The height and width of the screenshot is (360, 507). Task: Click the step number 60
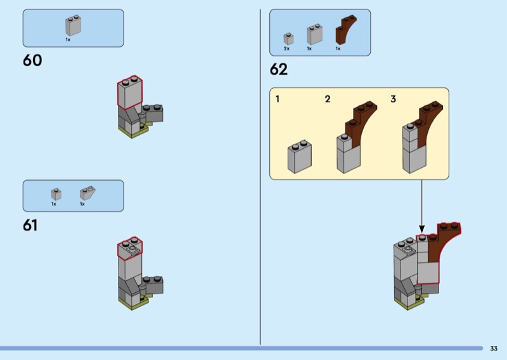(32, 61)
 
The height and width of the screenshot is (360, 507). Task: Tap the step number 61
(30, 225)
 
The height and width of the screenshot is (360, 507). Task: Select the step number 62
(279, 70)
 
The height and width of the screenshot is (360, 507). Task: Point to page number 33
(494, 348)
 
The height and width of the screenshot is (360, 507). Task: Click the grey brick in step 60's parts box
(73, 26)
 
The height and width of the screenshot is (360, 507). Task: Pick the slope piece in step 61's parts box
(87, 193)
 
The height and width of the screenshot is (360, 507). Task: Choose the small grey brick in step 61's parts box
(56, 194)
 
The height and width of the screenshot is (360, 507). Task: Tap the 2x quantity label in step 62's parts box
(286, 48)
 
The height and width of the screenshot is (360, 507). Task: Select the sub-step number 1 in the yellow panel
(278, 99)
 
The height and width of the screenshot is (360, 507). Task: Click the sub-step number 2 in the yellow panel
(328, 99)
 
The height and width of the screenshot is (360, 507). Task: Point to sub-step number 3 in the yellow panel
(393, 99)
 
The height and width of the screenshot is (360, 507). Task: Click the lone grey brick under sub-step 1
(299, 157)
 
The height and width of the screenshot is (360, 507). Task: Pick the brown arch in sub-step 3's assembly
(426, 124)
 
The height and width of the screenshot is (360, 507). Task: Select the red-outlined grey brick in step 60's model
(129, 93)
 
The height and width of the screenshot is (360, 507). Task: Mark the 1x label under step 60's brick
(68, 39)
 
